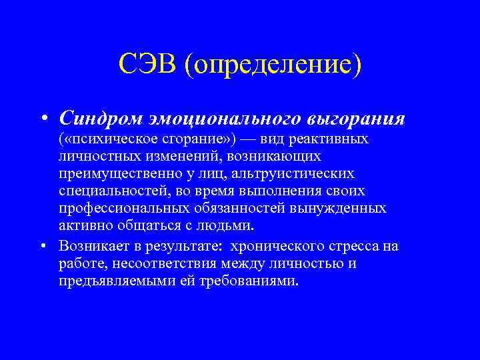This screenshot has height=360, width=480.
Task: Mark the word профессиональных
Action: [114, 209]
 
